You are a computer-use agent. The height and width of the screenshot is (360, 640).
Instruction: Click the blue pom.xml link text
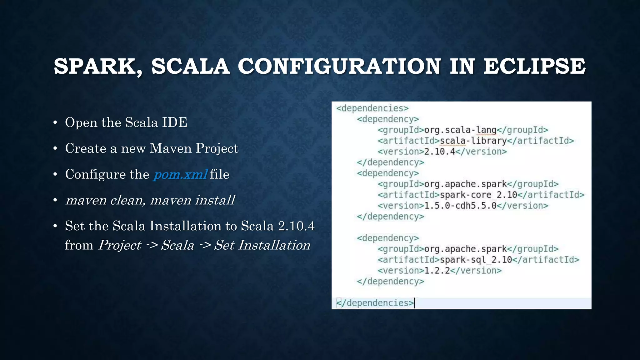180,174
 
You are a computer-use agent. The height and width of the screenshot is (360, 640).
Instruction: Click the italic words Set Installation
262,245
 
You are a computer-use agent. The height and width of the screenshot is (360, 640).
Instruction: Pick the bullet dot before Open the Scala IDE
55,122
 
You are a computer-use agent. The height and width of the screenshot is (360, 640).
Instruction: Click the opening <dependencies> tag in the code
372,108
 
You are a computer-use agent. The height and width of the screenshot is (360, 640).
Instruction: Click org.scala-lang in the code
460,130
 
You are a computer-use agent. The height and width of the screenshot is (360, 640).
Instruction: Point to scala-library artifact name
473,141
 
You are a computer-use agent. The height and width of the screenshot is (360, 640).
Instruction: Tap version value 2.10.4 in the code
440,152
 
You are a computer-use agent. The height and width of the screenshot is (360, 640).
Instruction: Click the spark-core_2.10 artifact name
478,195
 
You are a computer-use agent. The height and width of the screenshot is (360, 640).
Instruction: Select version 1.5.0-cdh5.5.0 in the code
460,206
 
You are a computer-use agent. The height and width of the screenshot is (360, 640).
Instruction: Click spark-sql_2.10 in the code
476,260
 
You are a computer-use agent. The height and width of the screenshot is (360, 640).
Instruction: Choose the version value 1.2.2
437,271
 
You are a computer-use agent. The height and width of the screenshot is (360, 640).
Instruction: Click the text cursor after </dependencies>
414,303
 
